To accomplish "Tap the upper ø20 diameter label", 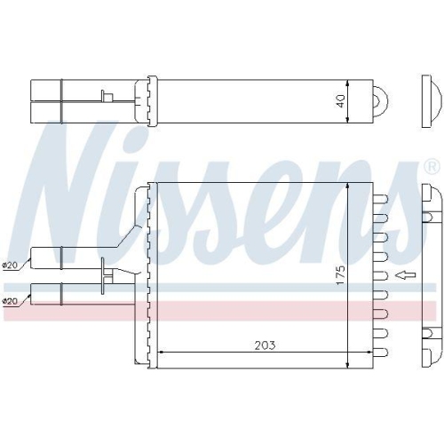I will tap(11, 264).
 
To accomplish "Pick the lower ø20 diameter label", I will tap(11, 302).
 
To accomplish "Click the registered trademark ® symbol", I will tap(431, 166).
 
